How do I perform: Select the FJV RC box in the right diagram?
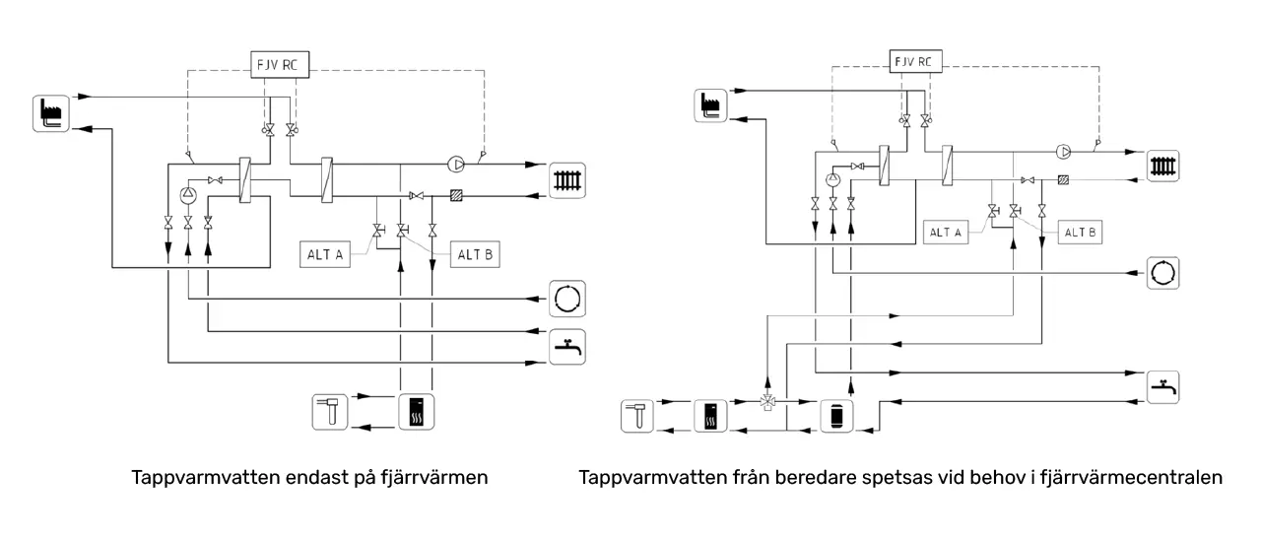[912, 62]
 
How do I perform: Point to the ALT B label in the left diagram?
[476, 253]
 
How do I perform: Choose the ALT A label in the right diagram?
[945, 233]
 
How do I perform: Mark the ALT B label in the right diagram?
[1080, 233]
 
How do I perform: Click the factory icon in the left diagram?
[50, 112]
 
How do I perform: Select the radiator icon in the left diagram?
[567, 179]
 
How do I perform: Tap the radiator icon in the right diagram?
[1163, 165]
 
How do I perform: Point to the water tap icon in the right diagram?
[1163, 385]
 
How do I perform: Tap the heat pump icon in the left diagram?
[415, 412]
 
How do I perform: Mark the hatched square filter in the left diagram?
[456, 195]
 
